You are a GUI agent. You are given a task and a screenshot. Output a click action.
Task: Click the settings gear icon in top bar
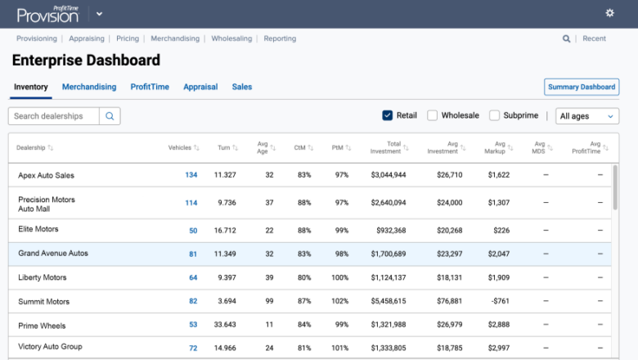[609, 13]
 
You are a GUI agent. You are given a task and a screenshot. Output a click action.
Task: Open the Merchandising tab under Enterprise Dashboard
[89, 87]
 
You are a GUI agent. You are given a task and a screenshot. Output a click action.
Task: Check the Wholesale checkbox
[433, 115]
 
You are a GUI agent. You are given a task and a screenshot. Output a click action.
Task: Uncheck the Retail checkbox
[388, 115]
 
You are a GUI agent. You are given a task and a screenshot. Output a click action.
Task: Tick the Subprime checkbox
[495, 115]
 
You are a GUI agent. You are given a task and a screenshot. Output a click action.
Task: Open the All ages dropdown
[586, 116]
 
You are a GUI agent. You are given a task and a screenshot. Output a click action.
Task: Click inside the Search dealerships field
[53, 116]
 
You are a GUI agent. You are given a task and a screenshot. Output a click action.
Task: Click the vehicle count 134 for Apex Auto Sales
[191, 175]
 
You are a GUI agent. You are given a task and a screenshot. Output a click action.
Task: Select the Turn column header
[222, 147]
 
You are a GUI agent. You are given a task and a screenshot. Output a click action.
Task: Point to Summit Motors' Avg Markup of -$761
[498, 302]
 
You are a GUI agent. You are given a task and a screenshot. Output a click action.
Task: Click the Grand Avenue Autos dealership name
[53, 254]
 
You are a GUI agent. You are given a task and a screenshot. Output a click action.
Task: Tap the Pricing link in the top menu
[128, 38]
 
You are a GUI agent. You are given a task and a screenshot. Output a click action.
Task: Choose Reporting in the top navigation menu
[280, 38]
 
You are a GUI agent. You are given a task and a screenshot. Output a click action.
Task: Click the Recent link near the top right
[594, 38]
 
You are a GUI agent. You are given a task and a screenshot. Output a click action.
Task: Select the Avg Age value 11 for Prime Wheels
[269, 326]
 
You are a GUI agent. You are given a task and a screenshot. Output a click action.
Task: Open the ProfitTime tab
[150, 87]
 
